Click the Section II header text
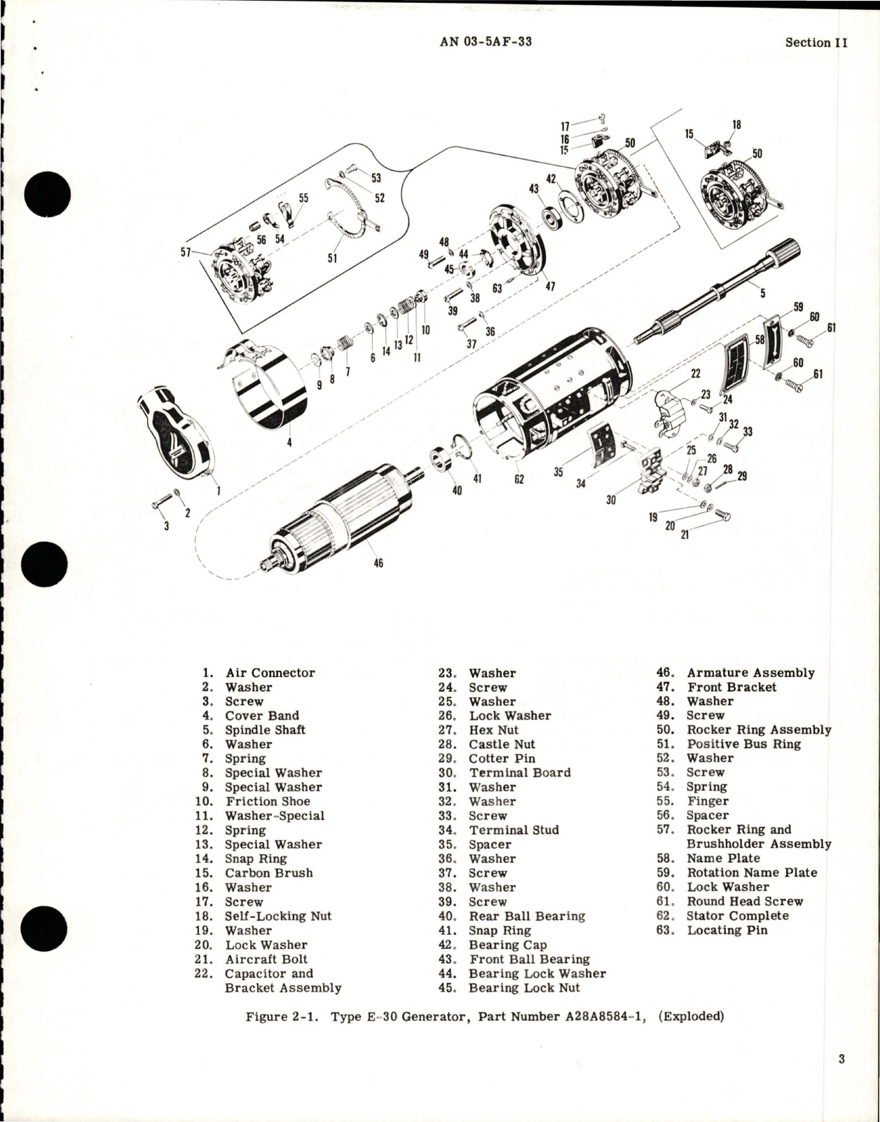pos(816,42)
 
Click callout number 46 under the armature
pos(378,563)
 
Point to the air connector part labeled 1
pos(177,435)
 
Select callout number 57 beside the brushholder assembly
pos(186,250)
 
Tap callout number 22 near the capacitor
pos(695,374)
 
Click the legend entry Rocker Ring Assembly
pos(759,730)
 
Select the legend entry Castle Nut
pos(502,744)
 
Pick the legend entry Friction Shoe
pos(268,801)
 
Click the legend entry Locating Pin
pos(727,930)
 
